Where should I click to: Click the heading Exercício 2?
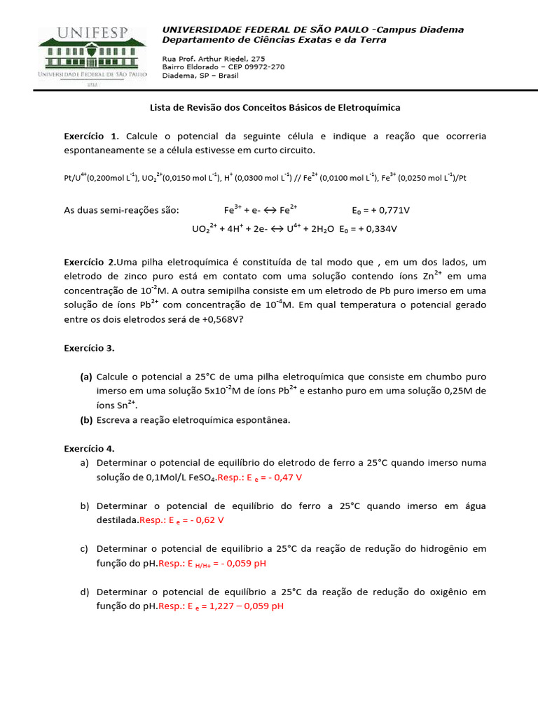(x=90, y=261)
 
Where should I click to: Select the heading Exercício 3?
(x=89, y=348)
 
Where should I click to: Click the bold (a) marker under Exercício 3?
(x=86, y=376)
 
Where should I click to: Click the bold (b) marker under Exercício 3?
(x=86, y=419)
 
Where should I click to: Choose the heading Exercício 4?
(x=89, y=448)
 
